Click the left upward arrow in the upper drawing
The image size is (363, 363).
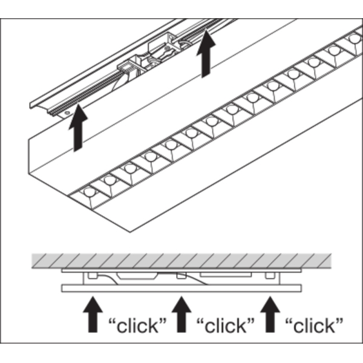[x=77, y=131]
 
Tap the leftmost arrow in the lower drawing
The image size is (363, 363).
[x=93, y=313]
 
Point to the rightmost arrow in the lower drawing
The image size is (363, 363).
[x=269, y=313]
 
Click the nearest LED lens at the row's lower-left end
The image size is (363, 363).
[x=90, y=192]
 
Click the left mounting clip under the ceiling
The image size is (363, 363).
[x=92, y=276]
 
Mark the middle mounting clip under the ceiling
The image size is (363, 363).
[x=180, y=276]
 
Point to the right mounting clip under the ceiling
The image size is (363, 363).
[x=269, y=276]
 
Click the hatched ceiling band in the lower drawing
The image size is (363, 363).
[x=181, y=262]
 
